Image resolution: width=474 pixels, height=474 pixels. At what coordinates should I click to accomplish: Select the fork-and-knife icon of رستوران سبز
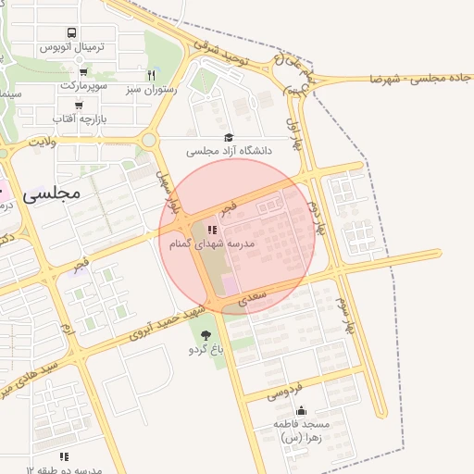point(151,75)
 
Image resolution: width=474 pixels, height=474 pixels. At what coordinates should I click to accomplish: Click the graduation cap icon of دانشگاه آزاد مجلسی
point(229,137)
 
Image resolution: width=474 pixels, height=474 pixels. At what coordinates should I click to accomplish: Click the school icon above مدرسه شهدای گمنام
point(212,230)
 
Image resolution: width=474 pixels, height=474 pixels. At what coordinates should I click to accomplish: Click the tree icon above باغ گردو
point(205,334)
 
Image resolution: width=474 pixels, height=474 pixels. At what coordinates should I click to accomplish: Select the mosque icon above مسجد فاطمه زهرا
point(300,410)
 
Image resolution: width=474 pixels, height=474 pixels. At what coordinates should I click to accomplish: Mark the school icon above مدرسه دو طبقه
point(64,456)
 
